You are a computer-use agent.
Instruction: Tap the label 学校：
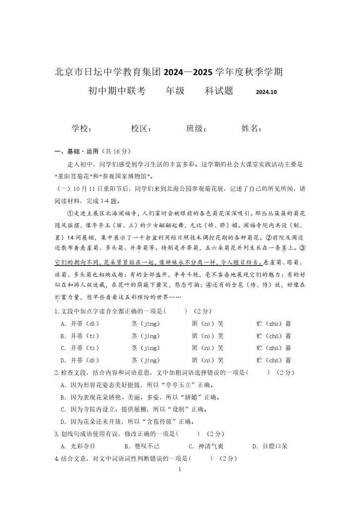pyautogui.click(x=82, y=128)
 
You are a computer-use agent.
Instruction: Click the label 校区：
pyautogui.click(x=142, y=128)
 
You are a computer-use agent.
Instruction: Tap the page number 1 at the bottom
pyautogui.click(x=180, y=469)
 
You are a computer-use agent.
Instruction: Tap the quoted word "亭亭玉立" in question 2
pyautogui.click(x=169, y=385)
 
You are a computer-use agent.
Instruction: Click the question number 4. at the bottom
pyautogui.click(x=57, y=458)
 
